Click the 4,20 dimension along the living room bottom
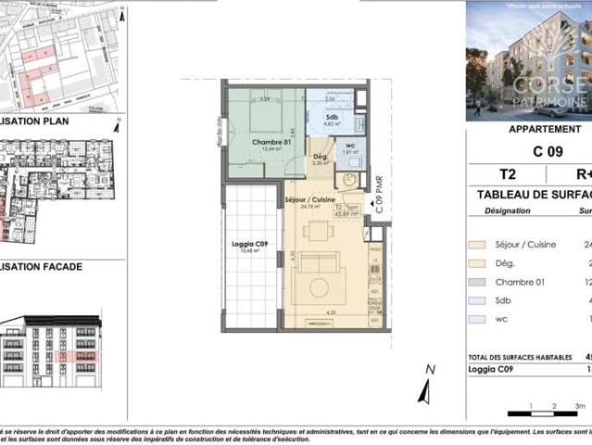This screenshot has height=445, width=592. [x=330, y=312]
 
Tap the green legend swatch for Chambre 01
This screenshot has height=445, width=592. [x=478, y=281]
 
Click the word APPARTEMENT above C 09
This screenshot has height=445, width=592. [x=545, y=129]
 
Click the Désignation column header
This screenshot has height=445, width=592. [x=508, y=210]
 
